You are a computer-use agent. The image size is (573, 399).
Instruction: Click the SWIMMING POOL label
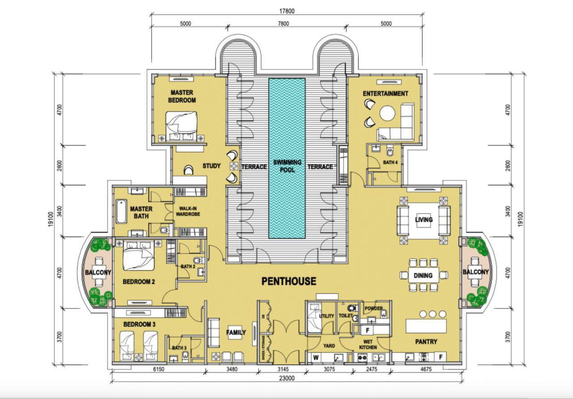(x=287, y=166)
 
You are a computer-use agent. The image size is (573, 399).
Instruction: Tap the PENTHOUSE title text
(x=289, y=282)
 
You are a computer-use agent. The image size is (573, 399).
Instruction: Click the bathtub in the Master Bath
(x=121, y=212)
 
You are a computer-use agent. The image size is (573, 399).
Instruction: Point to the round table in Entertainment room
(x=388, y=113)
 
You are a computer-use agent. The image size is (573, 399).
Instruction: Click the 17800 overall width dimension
(x=286, y=12)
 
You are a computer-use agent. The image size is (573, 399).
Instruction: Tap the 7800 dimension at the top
(x=286, y=24)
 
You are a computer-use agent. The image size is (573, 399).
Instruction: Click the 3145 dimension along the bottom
(x=282, y=369)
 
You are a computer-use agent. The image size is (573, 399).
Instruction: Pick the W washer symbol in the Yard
(x=315, y=357)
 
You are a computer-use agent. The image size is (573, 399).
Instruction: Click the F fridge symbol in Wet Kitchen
(x=368, y=330)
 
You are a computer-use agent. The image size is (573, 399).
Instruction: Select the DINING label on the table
(x=423, y=275)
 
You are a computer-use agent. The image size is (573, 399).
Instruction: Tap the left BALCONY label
(x=98, y=272)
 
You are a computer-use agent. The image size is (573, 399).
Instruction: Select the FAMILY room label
(x=236, y=333)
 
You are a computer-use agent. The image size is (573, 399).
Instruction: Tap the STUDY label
(x=211, y=166)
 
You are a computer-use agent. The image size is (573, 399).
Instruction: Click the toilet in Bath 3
(x=185, y=357)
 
